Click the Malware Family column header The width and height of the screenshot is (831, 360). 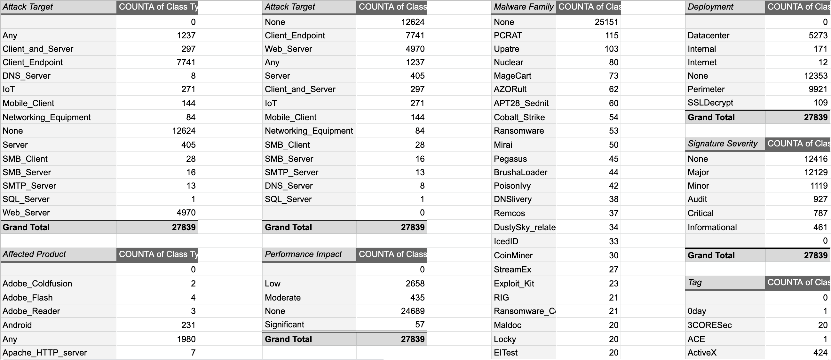click(x=523, y=7)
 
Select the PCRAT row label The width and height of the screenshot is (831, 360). click(x=507, y=35)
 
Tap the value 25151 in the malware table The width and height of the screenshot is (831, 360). click(x=606, y=22)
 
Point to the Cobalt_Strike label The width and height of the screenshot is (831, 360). click(x=519, y=117)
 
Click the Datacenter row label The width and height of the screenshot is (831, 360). click(x=708, y=35)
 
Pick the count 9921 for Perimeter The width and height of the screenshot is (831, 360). click(x=818, y=89)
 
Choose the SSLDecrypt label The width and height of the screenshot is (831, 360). click(x=710, y=103)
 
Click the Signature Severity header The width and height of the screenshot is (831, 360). click(x=722, y=144)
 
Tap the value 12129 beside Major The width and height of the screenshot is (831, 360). click(x=816, y=172)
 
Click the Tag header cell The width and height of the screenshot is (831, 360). click(x=694, y=283)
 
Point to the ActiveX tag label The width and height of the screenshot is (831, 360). click(x=702, y=353)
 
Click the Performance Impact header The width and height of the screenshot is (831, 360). click(x=303, y=254)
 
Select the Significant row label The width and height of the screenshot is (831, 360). click(x=284, y=325)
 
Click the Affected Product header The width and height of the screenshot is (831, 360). click(x=34, y=254)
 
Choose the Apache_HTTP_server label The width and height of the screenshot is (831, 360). click(x=44, y=353)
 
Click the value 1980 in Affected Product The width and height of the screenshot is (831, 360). click(x=186, y=339)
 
